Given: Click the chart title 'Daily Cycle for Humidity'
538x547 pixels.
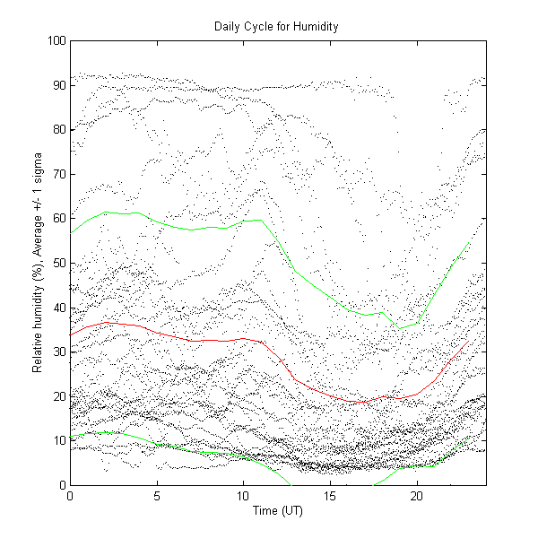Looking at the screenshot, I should tap(276, 26).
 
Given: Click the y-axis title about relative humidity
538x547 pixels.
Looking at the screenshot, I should tap(39, 263).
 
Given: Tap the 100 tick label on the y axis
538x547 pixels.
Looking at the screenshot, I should tap(56, 41).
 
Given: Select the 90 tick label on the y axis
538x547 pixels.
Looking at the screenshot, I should tap(59, 85).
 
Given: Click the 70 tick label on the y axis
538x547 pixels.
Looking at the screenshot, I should tap(59, 174).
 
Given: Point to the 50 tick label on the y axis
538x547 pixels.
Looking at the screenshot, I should tap(59, 263).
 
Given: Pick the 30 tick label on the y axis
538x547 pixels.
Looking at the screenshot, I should tap(59, 352).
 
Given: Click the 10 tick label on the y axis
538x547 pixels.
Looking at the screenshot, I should tap(59, 440).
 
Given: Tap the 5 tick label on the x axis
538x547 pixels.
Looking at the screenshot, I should tap(157, 496).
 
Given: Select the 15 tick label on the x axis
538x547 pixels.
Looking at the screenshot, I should tap(330, 496).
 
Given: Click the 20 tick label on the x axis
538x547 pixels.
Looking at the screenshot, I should tap(417, 496).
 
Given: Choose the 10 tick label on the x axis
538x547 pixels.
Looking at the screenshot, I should tap(244, 496).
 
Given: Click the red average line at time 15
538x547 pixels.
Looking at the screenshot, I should tap(330, 395).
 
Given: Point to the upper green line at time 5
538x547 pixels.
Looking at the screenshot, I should tap(157, 221).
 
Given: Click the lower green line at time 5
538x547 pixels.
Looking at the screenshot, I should tap(157, 444).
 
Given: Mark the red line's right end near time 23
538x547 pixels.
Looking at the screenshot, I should tap(469, 340).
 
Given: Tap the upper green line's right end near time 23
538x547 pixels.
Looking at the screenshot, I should tap(469, 241).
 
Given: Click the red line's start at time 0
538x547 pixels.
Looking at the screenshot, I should tap(71, 334).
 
